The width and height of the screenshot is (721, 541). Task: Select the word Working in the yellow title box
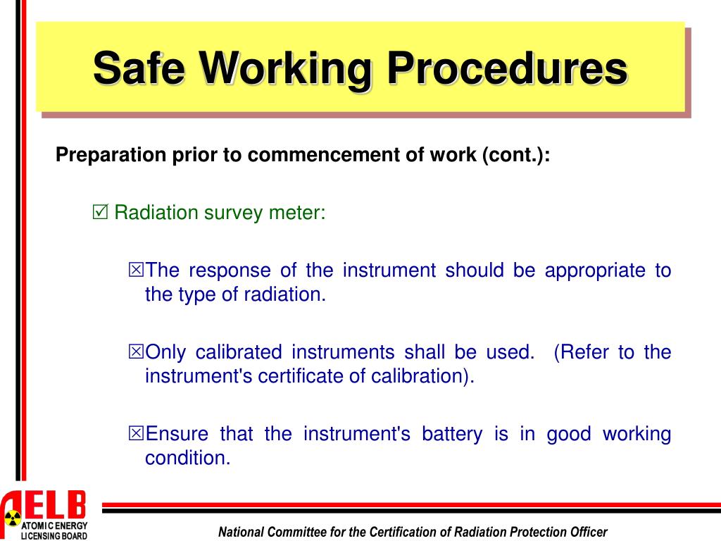point(289,68)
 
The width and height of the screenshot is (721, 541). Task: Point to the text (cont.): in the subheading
point(515,155)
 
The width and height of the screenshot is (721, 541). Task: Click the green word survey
point(233,212)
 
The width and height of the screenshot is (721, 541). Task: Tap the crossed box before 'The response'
point(136,270)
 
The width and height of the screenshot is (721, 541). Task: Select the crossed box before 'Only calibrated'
point(136,352)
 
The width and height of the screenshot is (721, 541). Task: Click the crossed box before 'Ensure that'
point(136,434)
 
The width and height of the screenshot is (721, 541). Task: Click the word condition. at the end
point(188,458)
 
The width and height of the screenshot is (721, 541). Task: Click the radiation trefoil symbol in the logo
point(12,518)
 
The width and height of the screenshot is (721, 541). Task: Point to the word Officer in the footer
point(587,532)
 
